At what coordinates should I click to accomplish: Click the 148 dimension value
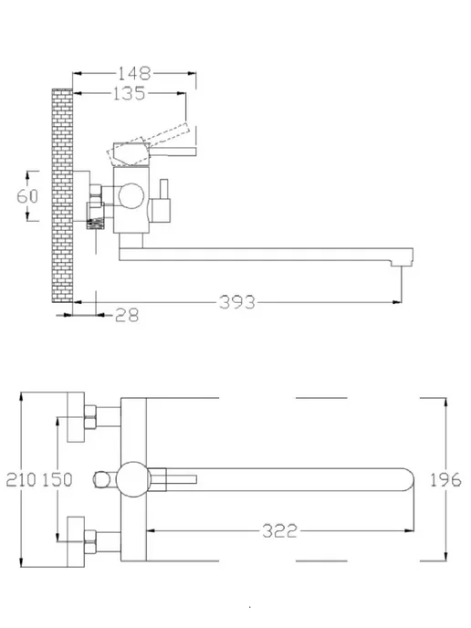134,74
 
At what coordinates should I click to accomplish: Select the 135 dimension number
129,94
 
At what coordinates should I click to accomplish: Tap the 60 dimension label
27,196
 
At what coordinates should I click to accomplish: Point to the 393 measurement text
237,302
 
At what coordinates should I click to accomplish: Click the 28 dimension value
127,315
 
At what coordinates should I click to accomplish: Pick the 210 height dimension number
21,479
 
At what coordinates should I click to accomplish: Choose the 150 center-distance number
58,479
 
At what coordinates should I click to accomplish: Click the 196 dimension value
445,479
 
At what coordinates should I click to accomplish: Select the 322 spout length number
280,531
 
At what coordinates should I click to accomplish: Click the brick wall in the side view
62,195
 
